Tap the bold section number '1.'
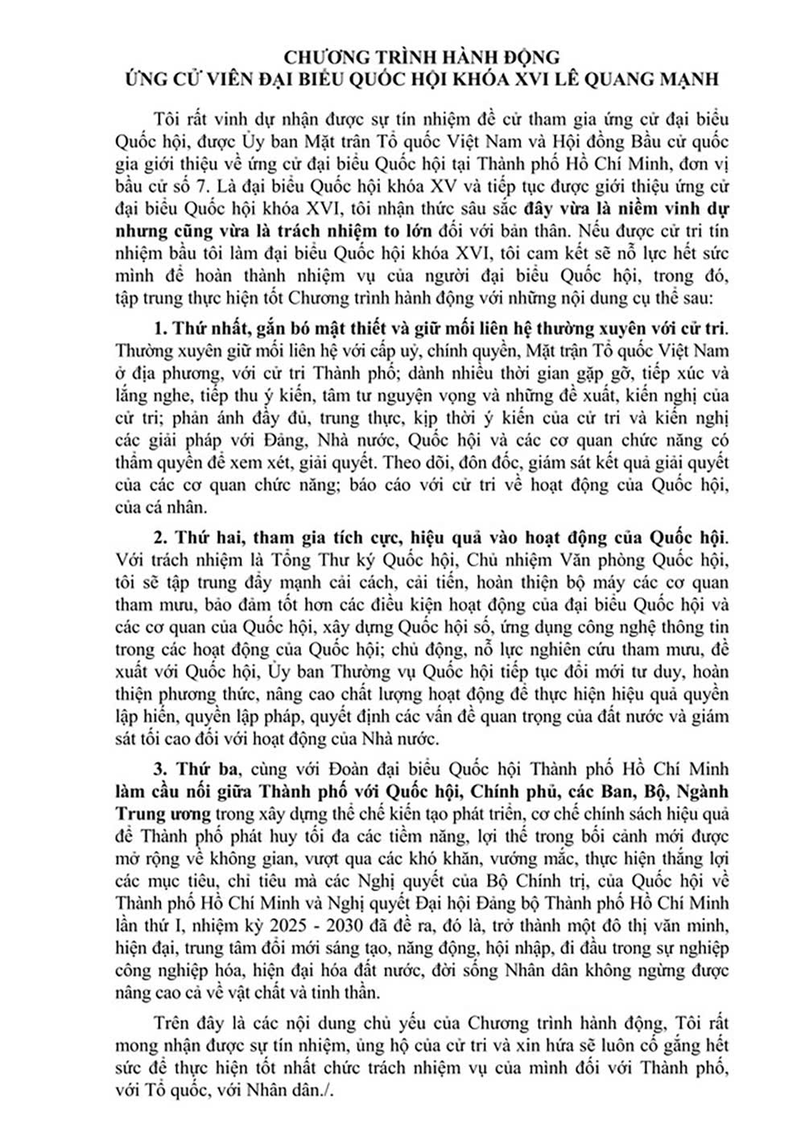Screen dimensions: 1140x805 158,329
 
